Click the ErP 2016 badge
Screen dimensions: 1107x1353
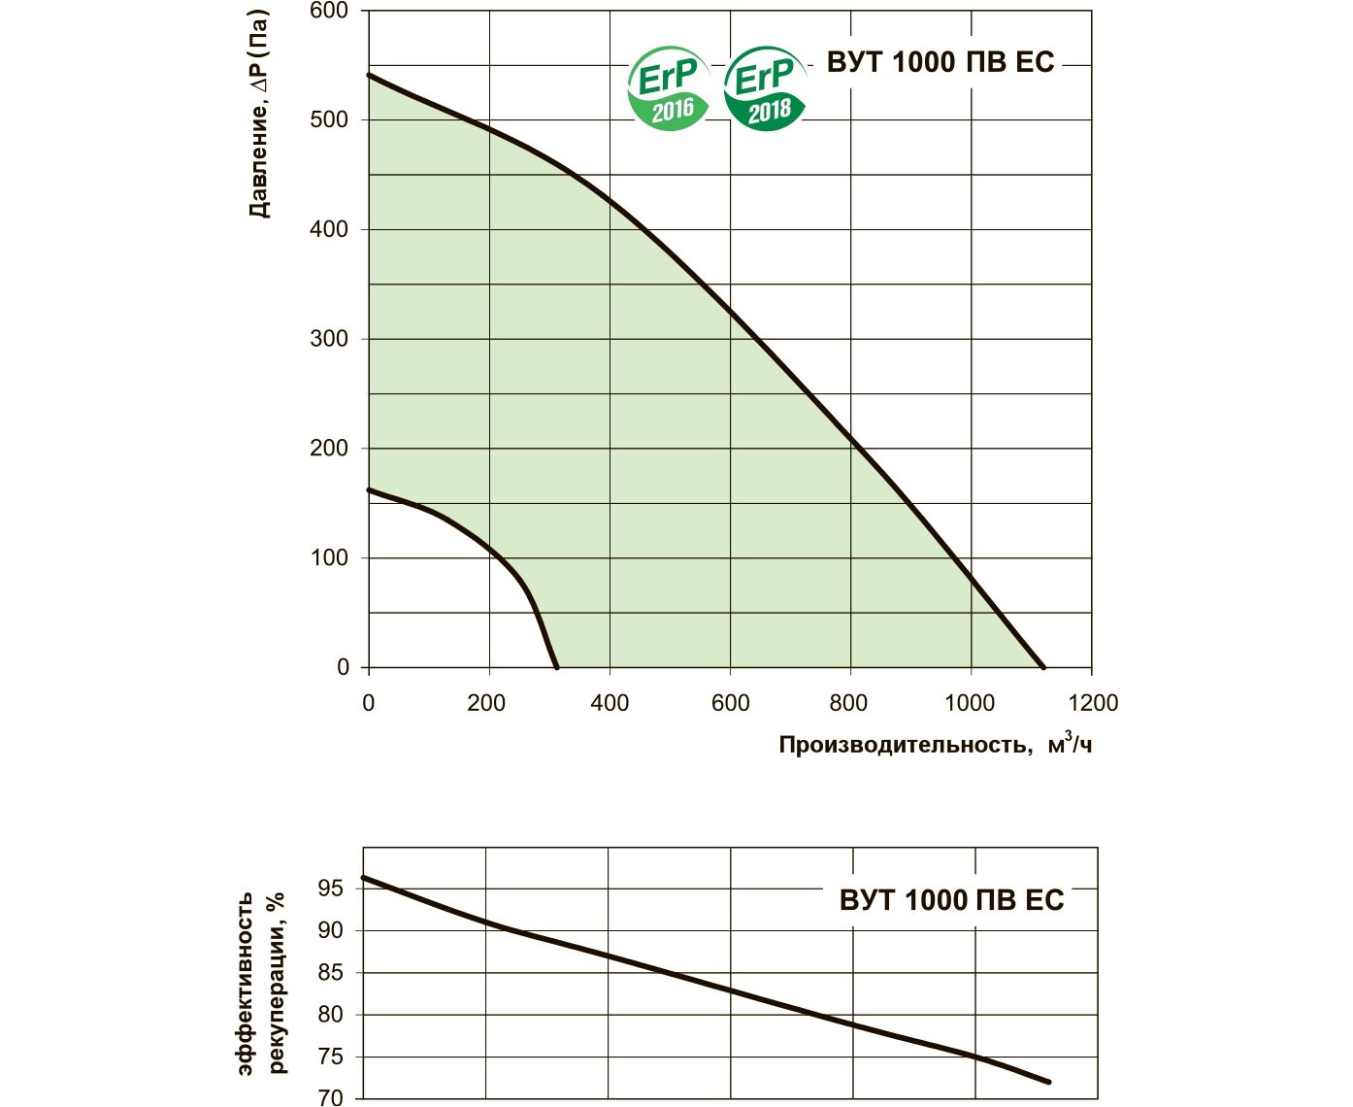[x=669, y=90]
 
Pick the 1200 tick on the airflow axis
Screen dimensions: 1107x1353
[x=1093, y=703]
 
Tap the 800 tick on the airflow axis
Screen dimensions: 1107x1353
[x=849, y=703]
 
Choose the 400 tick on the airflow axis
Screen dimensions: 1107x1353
[x=610, y=703]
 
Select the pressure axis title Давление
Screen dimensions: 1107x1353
[x=258, y=114]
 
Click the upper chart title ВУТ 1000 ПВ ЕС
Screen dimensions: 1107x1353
[x=940, y=62]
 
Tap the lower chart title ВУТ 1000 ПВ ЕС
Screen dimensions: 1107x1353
[x=951, y=900]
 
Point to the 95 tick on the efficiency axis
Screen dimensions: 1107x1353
[x=330, y=889]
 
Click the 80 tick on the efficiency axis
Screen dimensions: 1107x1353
[x=330, y=1015]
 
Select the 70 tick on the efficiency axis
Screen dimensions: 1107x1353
[x=330, y=1098]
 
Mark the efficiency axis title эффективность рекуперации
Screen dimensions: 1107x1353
[x=261, y=981]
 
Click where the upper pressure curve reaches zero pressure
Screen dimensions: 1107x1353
[x=1043, y=667]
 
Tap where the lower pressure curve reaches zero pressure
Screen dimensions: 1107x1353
[x=556, y=667]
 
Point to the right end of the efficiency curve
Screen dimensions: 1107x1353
[x=1049, y=1082]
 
